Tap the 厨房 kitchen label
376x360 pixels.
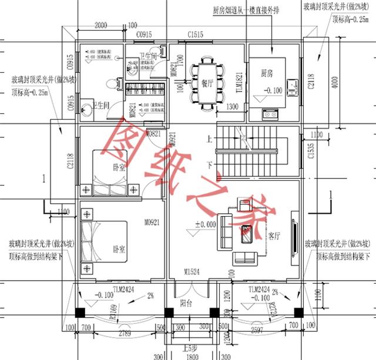click(x=267, y=73)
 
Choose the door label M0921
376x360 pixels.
click(x=152, y=223)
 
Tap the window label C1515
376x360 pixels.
click(x=196, y=35)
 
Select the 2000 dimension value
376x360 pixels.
click(x=100, y=25)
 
